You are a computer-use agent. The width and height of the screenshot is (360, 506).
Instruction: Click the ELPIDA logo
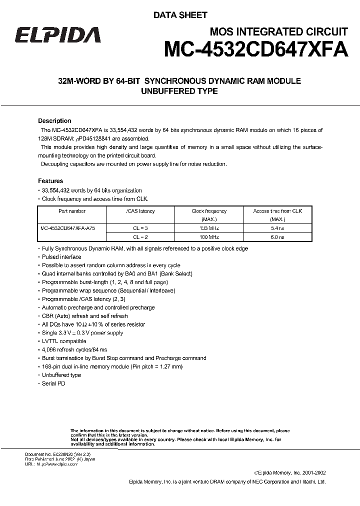tap(57, 35)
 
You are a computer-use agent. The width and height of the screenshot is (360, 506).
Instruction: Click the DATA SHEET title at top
tap(180, 15)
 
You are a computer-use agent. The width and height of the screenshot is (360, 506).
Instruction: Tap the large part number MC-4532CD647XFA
tap(256, 51)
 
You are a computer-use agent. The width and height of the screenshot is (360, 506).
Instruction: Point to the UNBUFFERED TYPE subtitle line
tap(179, 91)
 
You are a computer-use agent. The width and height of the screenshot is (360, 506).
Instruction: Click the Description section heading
tap(54, 121)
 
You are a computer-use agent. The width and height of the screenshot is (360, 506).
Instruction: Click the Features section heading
tap(50, 181)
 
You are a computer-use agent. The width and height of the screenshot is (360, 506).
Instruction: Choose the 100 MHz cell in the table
tap(209, 236)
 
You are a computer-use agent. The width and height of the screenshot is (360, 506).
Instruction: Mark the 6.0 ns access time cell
tap(277, 236)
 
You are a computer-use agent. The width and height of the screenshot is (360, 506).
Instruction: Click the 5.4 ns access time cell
tap(277, 227)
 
